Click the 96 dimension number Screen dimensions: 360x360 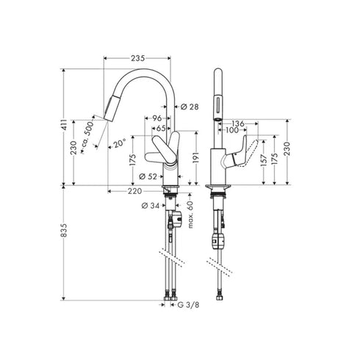pos(156,118)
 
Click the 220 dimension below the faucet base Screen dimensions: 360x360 pos(134,191)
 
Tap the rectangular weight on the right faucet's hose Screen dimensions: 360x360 pos(216,241)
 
